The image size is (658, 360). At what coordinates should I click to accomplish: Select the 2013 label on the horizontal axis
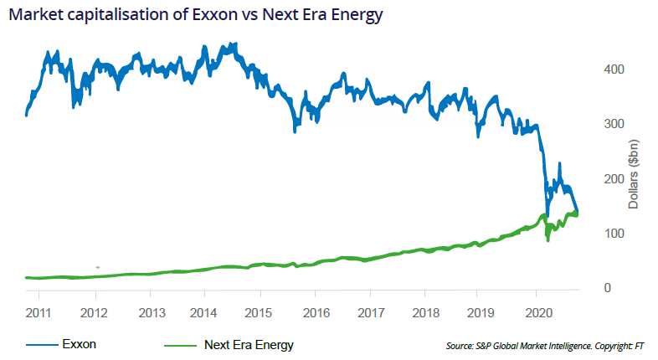(150, 312)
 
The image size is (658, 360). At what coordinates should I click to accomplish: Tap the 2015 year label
(260, 312)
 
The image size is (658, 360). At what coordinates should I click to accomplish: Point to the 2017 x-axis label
(370, 312)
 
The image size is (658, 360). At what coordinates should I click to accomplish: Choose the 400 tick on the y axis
(613, 69)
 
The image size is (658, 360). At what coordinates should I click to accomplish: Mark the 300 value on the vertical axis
(613, 124)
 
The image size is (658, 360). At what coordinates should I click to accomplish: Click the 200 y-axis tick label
(613, 179)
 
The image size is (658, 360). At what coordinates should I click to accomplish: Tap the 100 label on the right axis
(613, 234)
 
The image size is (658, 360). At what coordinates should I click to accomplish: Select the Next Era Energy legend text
(249, 344)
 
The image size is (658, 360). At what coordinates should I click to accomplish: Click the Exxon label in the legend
(79, 344)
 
